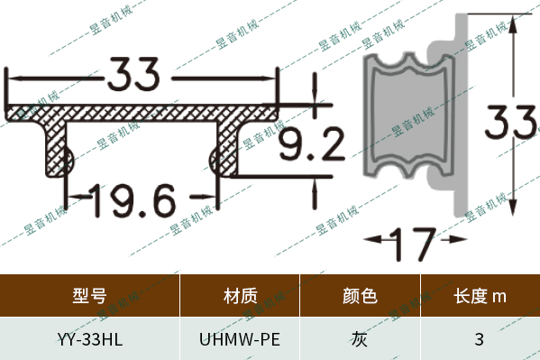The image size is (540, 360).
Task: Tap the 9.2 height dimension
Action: (x=310, y=143)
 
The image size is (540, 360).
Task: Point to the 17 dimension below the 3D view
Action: (x=415, y=242)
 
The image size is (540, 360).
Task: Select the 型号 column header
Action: (x=89, y=295)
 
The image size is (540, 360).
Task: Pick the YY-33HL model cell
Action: (x=89, y=339)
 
